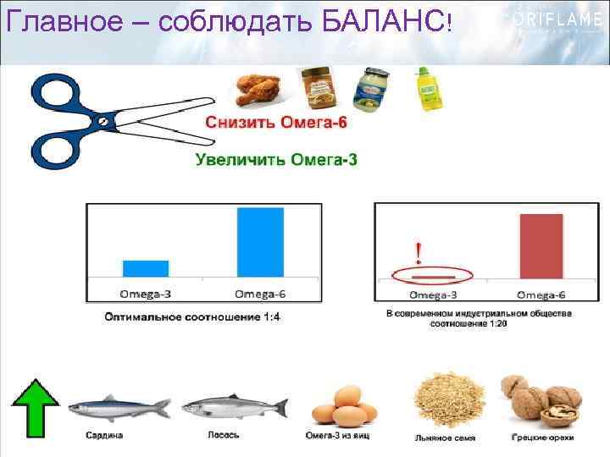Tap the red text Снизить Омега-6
click(x=275, y=123)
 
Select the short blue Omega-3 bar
click(x=146, y=267)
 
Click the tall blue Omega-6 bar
click(x=260, y=241)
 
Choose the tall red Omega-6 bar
click(x=541, y=245)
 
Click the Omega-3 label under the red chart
click(x=434, y=295)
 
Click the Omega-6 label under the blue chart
click(x=260, y=295)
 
